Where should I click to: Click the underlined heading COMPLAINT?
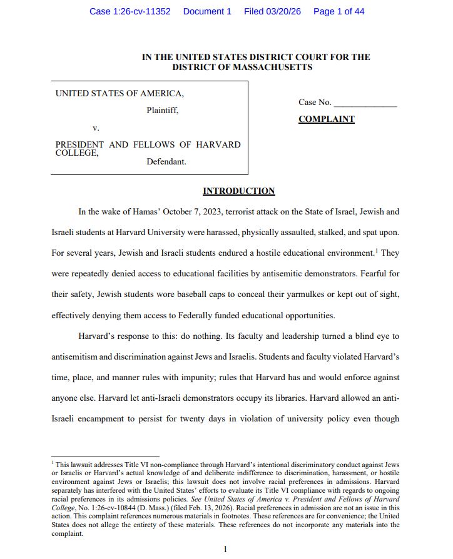(x=326, y=119)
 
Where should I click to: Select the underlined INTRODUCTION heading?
(x=238, y=191)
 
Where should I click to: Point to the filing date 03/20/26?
(x=286, y=11)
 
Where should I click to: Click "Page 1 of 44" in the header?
(x=338, y=11)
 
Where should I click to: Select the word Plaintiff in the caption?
(x=163, y=111)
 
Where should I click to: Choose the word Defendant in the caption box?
(x=166, y=161)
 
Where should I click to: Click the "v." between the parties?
(x=96, y=128)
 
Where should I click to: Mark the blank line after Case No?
(x=365, y=103)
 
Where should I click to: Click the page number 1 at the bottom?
(x=225, y=549)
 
